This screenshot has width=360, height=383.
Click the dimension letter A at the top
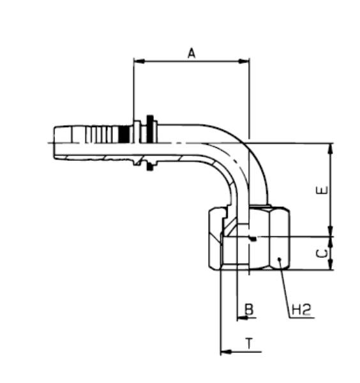pos(191,54)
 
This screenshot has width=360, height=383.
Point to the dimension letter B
pos(250,310)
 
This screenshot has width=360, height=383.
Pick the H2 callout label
pos(301,310)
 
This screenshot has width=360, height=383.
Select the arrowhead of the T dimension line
pos(224,351)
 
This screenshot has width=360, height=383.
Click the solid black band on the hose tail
pos(124,135)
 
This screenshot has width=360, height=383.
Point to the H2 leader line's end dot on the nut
pos(279,258)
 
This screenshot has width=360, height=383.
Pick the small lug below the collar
pos(150,167)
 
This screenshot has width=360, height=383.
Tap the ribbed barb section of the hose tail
pos(102,135)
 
